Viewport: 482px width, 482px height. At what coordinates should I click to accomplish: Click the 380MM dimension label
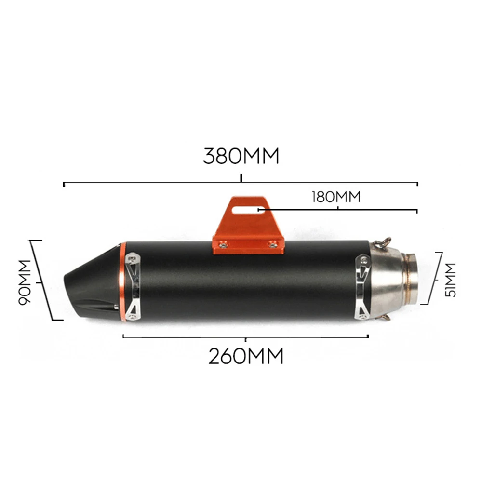pos(241,156)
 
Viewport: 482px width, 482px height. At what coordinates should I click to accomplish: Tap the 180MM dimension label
pos(336,197)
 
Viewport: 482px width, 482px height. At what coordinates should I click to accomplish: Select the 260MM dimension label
pos(246,356)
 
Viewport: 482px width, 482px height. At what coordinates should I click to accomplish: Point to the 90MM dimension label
pos(25,282)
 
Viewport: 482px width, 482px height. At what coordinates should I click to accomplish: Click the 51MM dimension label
pos(450,280)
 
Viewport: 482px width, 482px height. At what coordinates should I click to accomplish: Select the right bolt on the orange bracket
pos(272,245)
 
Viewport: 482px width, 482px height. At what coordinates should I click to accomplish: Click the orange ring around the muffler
pos(122,282)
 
